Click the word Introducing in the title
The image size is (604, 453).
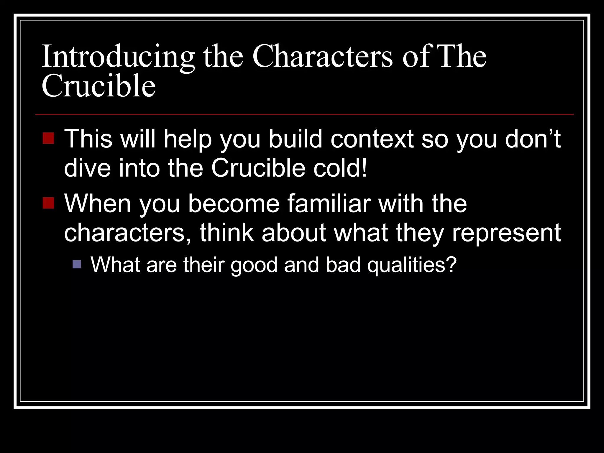[x=118, y=57]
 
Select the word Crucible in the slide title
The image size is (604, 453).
[x=99, y=86]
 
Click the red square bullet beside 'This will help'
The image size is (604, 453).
[x=48, y=138]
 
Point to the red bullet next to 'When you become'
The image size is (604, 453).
[x=48, y=203]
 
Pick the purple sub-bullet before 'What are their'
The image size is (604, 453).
[x=77, y=264]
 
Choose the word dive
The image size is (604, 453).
[x=87, y=168]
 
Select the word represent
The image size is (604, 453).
[x=506, y=233]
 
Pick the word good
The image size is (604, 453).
[x=254, y=265]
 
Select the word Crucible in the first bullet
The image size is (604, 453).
[x=258, y=168]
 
